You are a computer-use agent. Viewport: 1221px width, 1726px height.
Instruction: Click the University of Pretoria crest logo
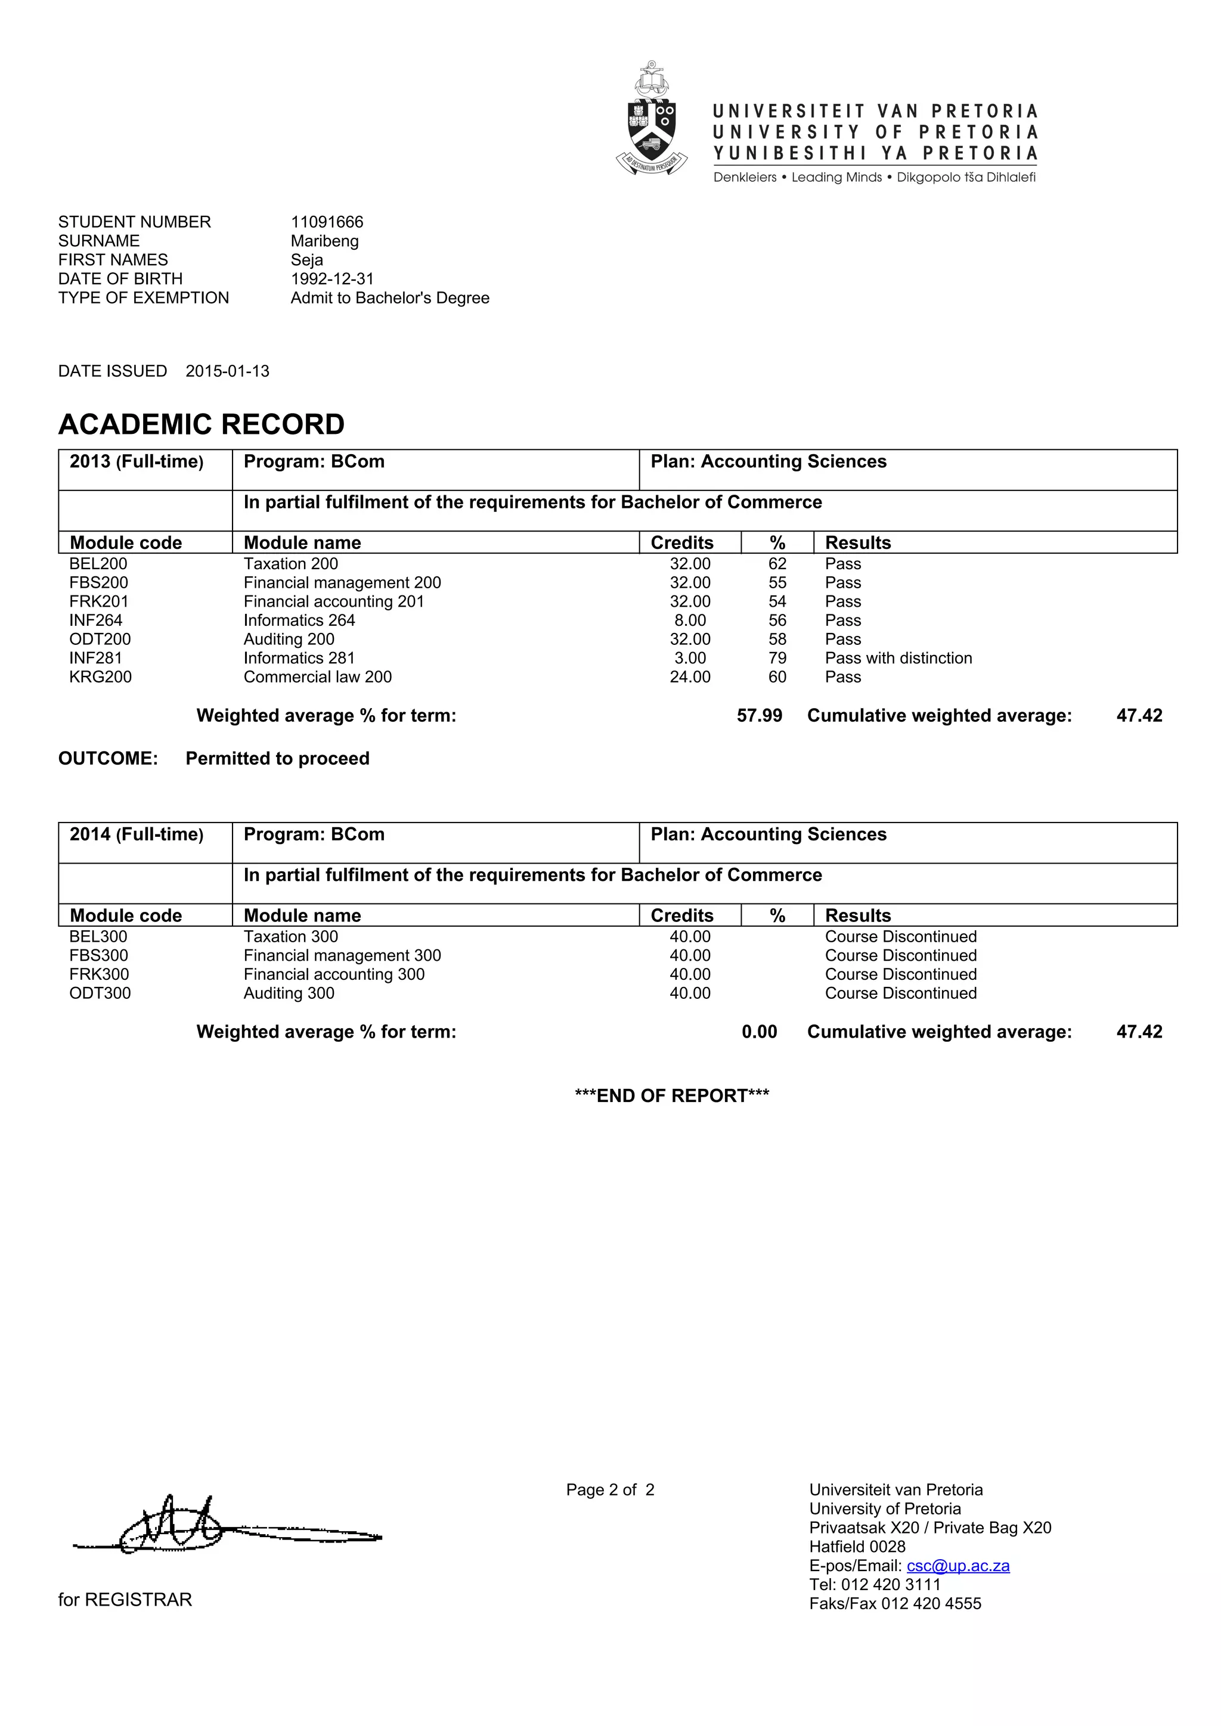pyautogui.click(x=651, y=118)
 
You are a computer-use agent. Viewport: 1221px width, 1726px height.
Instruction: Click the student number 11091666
pyautogui.click(x=327, y=222)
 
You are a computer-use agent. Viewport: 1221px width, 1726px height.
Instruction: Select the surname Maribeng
pyautogui.click(x=325, y=241)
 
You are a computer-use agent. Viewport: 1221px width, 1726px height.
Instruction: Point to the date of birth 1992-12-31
pyautogui.click(x=332, y=278)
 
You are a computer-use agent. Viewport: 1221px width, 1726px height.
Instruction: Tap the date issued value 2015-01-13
pyautogui.click(x=227, y=371)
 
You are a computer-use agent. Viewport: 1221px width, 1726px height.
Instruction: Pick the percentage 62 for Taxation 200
pyautogui.click(x=777, y=564)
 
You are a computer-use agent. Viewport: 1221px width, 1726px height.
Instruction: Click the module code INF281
pyautogui.click(x=95, y=658)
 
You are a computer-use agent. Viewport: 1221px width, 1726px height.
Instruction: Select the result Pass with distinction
pyautogui.click(x=898, y=658)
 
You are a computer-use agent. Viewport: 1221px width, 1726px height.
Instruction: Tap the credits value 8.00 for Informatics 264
pyautogui.click(x=690, y=620)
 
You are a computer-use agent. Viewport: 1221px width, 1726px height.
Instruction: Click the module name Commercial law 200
pyautogui.click(x=317, y=676)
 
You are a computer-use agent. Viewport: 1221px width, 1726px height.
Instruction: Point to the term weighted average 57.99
pyautogui.click(x=760, y=715)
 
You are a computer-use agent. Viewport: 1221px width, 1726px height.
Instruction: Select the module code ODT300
pyautogui.click(x=100, y=993)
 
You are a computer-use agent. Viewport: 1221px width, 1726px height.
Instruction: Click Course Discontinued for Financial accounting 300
pyautogui.click(x=901, y=974)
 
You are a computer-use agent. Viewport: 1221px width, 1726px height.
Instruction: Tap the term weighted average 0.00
pyautogui.click(x=760, y=1032)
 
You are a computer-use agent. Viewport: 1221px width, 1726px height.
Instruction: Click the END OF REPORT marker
pyautogui.click(x=671, y=1095)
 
